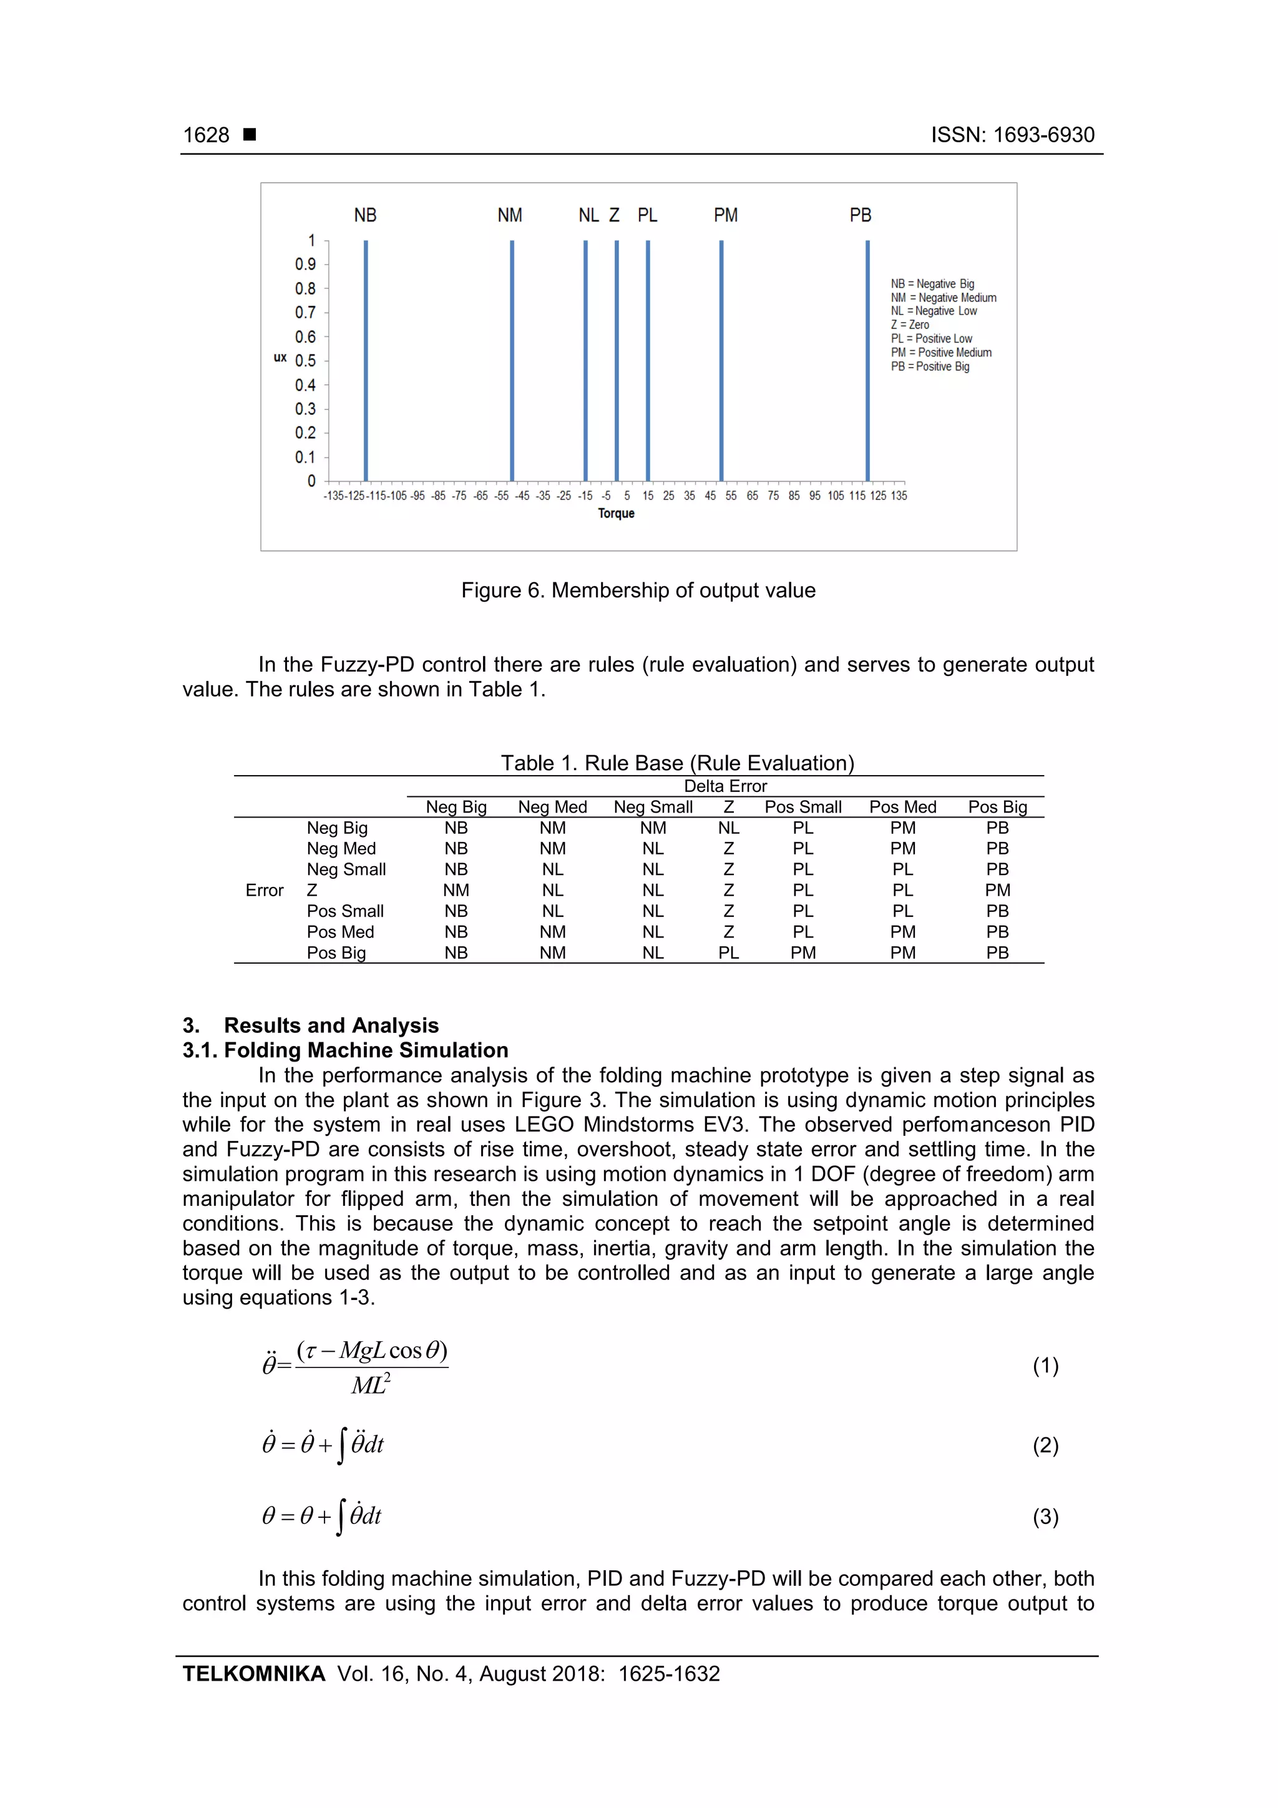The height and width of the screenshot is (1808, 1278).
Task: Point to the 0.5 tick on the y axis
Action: pos(306,361)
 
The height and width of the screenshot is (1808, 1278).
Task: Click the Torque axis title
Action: pos(616,514)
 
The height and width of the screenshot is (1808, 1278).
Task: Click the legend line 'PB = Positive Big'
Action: pos(930,366)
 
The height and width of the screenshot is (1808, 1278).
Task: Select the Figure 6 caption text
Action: pos(638,590)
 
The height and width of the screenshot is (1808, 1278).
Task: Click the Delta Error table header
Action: pos(724,786)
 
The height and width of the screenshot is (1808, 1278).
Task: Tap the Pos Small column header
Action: pos(802,807)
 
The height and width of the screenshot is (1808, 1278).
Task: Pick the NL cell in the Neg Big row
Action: pos(728,828)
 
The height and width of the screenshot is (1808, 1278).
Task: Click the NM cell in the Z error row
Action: pos(456,891)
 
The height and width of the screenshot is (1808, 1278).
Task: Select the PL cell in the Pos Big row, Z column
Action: pos(728,953)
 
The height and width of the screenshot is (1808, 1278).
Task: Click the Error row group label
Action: pos(265,891)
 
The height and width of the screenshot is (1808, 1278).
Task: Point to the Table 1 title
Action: pos(677,763)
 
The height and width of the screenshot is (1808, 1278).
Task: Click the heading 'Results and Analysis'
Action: pos(331,1025)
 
